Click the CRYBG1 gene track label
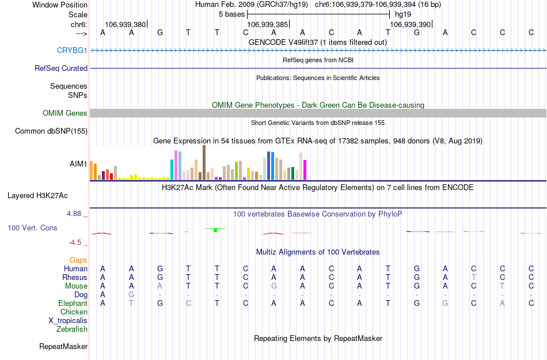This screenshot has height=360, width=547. [x=72, y=50]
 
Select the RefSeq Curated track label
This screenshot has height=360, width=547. [x=61, y=68]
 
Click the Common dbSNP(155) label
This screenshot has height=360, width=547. [x=51, y=131]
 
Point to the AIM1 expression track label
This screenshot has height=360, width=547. [x=79, y=164]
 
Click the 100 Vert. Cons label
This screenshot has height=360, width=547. [x=32, y=228]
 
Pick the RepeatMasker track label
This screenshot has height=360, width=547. [x=63, y=347]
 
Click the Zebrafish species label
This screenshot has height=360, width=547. [x=72, y=329]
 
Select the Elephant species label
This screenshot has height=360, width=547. [x=73, y=304]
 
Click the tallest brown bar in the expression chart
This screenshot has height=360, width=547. [x=204, y=162]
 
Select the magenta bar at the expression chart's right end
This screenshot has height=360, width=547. [x=305, y=169]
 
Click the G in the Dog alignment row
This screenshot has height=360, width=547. [x=131, y=295]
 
